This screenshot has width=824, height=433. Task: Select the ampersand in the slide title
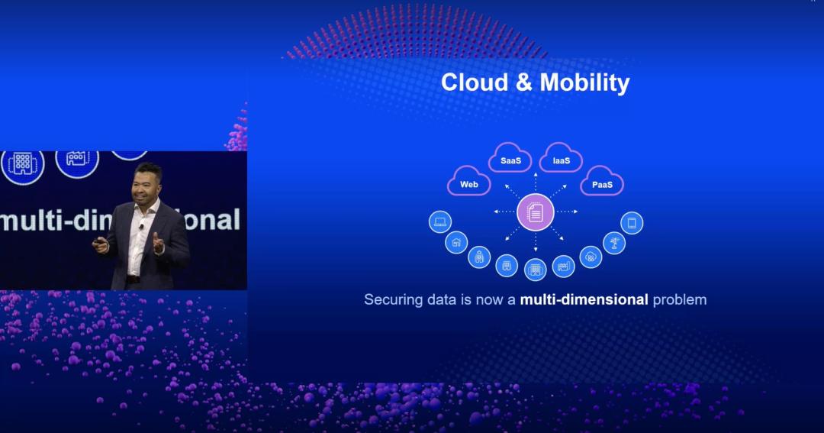click(x=524, y=82)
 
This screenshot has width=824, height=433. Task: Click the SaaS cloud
click(x=510, y=158)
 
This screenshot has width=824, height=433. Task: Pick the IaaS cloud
click(x=561, y=158)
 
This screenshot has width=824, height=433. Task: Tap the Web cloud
click(x=469, y=182)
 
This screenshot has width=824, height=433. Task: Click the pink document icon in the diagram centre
click(x=535, y=212)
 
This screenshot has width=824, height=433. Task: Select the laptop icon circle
click(x=440, y=222)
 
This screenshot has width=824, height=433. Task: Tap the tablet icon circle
click(x=632, y=223)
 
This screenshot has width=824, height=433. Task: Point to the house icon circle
click(x=456, y=243)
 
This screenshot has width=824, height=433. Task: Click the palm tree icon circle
click(x=613, y=243)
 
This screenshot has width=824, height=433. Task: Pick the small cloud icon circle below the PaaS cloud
click(x=591, y=257)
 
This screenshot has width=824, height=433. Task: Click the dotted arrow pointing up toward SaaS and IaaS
click(x=536, y=181)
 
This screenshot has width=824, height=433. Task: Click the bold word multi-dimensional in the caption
click(x=584, y=299)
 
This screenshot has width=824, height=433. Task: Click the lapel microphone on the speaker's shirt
click(x=141, y=226)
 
